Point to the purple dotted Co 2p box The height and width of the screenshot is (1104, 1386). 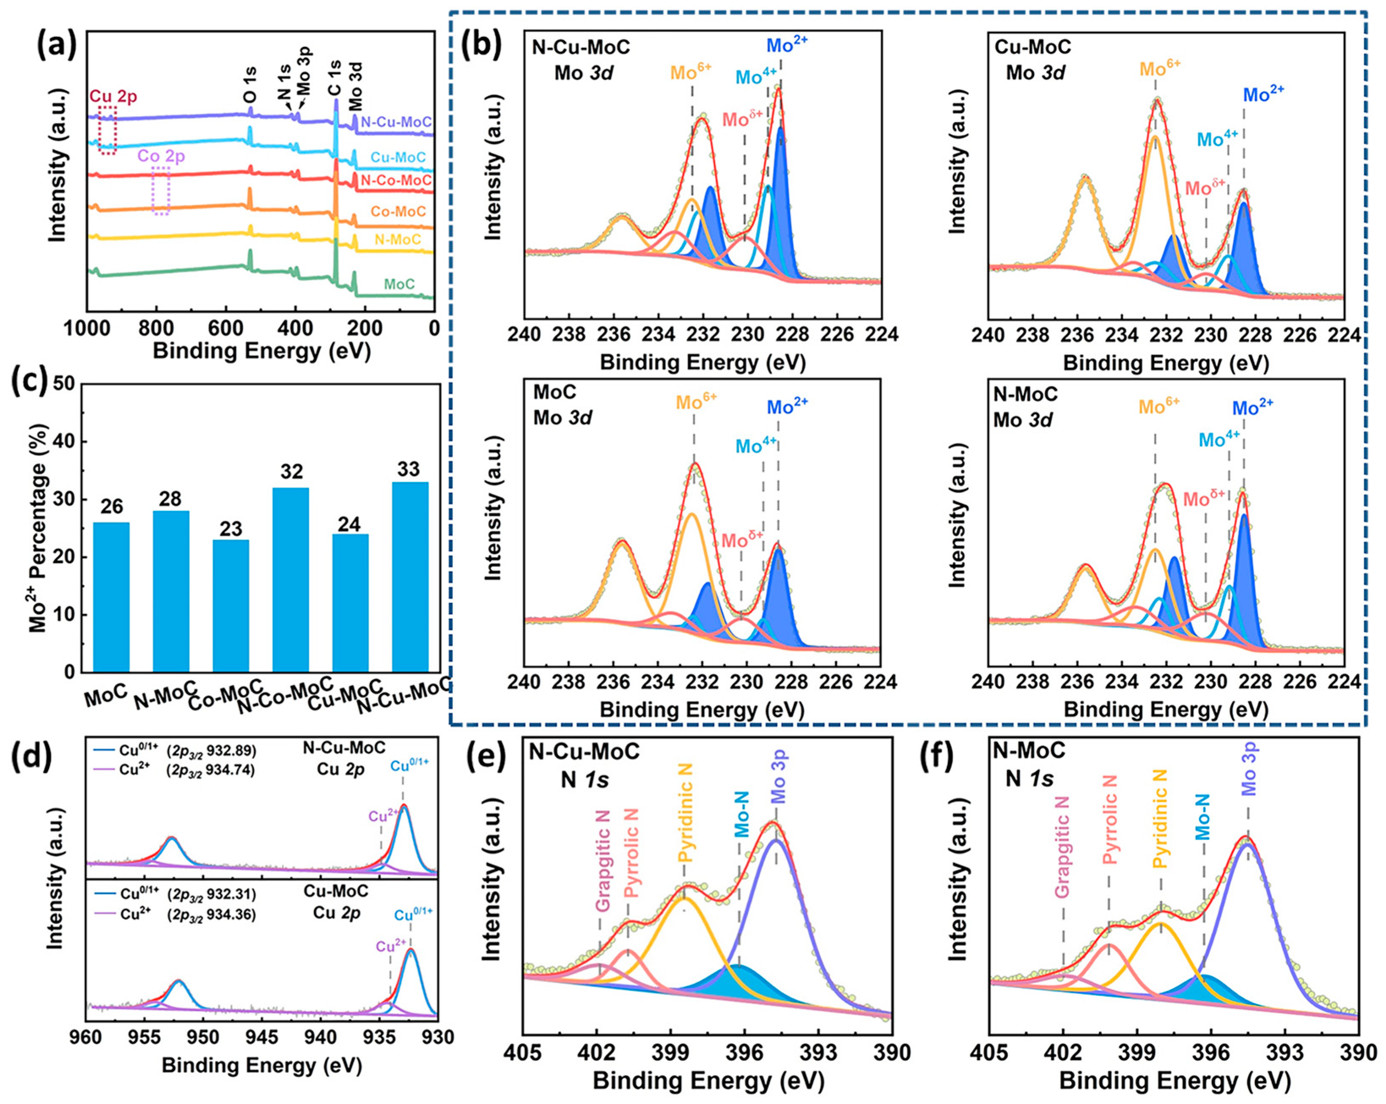[x=161, y=190]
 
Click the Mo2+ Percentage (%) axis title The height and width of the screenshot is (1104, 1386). [x=40, y=527]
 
